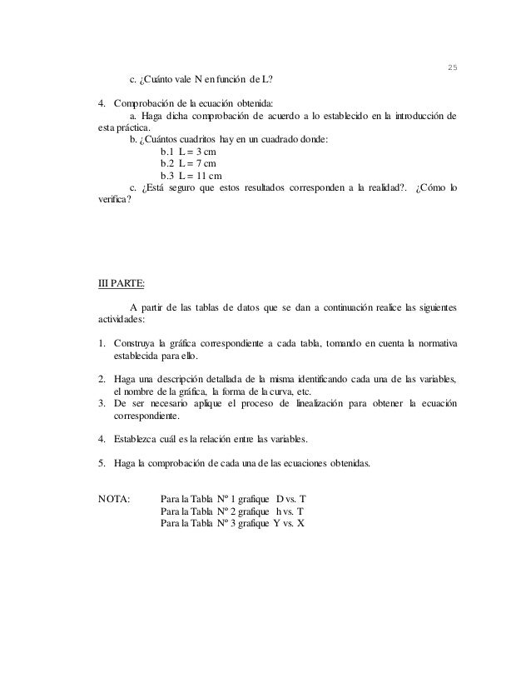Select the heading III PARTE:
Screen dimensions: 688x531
pos(121,282)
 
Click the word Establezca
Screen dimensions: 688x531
pos(141,440)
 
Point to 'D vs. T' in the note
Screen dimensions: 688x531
pos(294,500)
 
